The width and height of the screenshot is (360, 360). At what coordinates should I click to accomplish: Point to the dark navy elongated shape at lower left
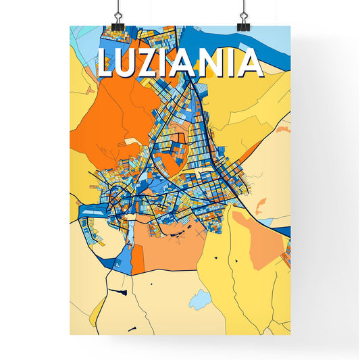tap(118, 292)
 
